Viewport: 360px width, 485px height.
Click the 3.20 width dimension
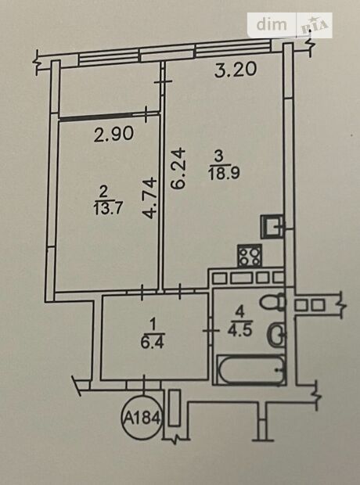pos(236,70)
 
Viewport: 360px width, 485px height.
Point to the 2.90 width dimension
pos(113,135)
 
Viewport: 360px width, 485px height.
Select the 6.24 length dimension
pos(178,168)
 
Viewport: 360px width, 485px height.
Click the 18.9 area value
pos(224,173)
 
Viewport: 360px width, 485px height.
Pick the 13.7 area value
pos(108,208)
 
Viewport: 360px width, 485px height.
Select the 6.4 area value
pos(152,343)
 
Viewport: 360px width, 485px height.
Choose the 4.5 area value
pos(240,330)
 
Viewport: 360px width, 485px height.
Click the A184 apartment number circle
pos(142,419)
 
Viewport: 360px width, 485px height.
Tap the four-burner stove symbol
pos(250,256)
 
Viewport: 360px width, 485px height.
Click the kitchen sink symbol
pos(272,226)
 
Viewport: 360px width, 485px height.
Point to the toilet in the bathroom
pos(272,302)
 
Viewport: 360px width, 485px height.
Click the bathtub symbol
pos(250,370)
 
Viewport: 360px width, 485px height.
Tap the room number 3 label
pos(219,156)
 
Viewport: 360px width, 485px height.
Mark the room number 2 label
pos(103,192)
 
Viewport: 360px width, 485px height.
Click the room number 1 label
pos(153,325)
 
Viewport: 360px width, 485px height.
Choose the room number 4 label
pos(240,312)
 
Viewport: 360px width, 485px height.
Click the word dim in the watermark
pos(272,24)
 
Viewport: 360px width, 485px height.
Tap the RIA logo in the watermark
pos(314,26)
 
